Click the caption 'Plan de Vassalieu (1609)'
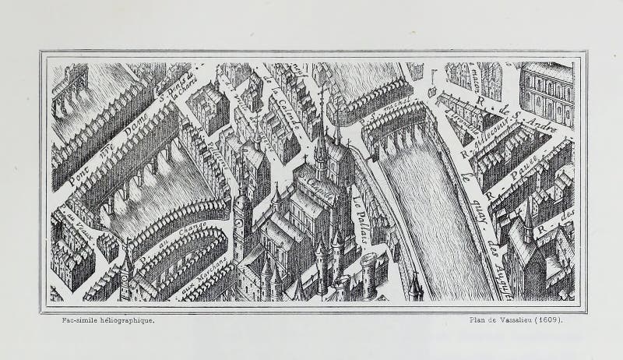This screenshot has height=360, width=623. pos(516,319)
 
